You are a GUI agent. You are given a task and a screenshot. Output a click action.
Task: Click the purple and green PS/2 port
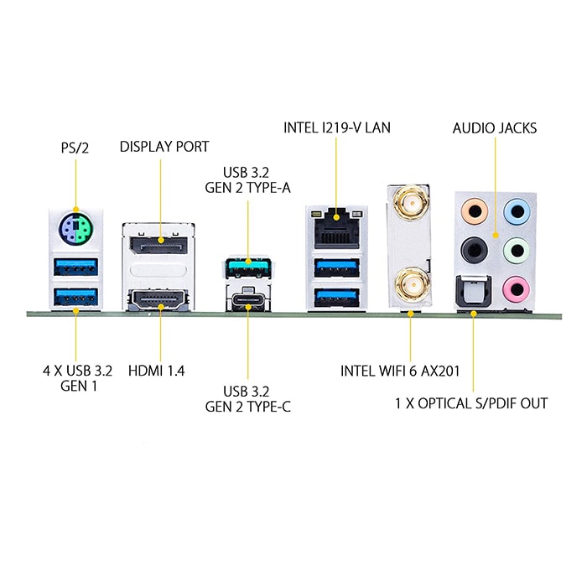coord(76,229)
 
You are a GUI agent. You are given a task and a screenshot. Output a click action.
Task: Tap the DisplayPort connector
coord(158,245)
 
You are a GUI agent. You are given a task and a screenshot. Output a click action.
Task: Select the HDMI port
coord(158,299)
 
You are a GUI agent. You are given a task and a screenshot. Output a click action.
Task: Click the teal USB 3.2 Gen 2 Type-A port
coord(248,267)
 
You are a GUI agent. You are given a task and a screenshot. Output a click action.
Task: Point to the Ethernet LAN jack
coord(336,228)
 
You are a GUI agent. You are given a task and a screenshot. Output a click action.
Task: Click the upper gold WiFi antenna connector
coord(411,204)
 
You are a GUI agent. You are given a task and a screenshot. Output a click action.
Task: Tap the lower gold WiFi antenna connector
coord(411,284)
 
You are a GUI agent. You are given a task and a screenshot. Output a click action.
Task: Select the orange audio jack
coord(475,211)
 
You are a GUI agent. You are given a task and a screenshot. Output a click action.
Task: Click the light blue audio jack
coord(517,211)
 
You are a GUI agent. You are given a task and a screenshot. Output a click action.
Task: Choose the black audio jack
coord(475,250)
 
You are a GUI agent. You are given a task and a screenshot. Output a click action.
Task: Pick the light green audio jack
coord(517,250)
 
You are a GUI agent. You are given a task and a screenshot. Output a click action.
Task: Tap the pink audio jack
coord(517,289)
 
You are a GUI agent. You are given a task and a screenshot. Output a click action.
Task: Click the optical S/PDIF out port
coord(474,291)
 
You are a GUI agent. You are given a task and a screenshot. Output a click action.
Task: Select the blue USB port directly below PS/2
coord(76,267)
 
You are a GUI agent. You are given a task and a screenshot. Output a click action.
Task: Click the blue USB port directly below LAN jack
coord(336,268)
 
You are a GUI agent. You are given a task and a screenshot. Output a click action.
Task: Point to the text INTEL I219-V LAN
coord(337,127)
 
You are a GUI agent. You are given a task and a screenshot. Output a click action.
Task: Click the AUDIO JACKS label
coord(495,128)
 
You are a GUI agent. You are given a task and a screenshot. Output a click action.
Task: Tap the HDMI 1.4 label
coord(157,371)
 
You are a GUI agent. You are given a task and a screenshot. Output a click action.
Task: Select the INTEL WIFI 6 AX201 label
coord(400,371)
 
